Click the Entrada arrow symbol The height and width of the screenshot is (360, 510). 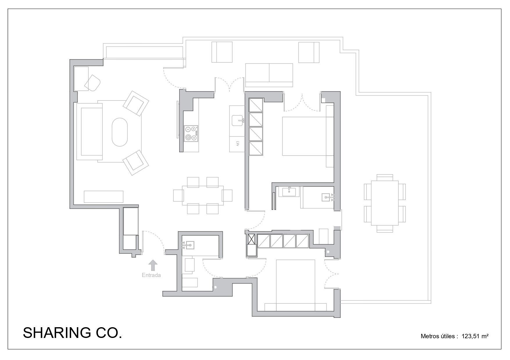pos(153,265)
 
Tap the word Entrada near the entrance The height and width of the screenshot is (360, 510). pos(151,275)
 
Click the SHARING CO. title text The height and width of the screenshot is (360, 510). pos(72,333)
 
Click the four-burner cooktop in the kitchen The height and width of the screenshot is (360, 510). pos(191,134)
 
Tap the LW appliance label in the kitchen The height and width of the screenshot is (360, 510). pos(237,143)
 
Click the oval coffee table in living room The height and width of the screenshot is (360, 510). pos(120,132)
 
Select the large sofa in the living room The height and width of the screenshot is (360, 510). pos(90,132)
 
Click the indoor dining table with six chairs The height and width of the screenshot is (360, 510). pos(203,195)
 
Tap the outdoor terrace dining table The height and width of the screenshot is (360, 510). pos(385,203)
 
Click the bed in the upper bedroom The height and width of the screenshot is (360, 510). pos(305,136)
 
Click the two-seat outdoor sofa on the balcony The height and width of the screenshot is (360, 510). pos(269,75)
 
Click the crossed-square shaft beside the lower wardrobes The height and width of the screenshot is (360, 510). pos(251,239)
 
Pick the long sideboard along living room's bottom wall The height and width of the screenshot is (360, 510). pos(103,197)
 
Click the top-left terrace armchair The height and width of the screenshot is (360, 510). pos(222,52)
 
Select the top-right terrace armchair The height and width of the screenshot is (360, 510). pos(309,52)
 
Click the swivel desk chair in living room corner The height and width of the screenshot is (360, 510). pos(92,83)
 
